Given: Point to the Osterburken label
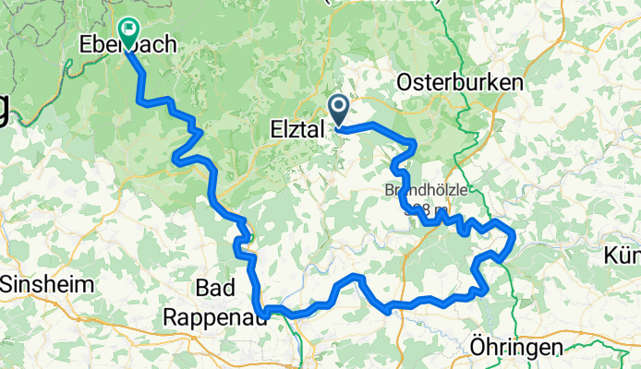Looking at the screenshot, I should click(x=459, y=83).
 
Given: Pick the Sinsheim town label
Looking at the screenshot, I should click(x=47, y=285).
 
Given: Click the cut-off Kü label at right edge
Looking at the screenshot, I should click(x=622, y=254).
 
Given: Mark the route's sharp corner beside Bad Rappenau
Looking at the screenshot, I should click(x=264, y=312).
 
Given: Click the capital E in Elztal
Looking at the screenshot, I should click(x=275, y=132).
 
